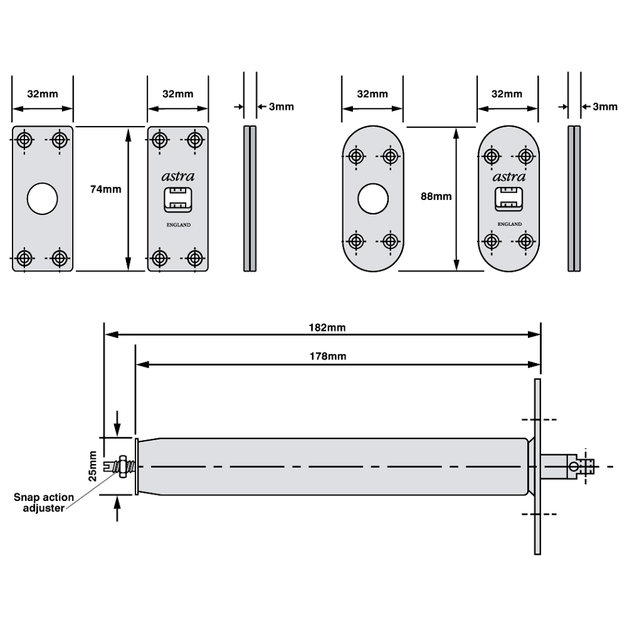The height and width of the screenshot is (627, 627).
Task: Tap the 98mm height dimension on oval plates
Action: (x=435, y=196)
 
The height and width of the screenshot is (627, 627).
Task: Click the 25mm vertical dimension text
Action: (x=93, y=465)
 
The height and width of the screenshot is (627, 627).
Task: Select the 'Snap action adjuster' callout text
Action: (x=44, y=503)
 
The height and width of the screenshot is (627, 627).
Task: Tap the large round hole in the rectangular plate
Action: (x=43, y=199)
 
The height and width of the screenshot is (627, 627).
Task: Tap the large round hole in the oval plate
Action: (x=373, y=199)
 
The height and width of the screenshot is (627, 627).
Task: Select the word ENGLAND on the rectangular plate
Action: (x=178, y=225)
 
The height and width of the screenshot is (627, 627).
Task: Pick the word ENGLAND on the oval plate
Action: (x=509, y=224)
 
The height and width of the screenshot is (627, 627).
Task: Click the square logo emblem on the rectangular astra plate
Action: (x=177, y=199)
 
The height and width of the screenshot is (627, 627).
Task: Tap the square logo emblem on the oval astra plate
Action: (x=508, y=199)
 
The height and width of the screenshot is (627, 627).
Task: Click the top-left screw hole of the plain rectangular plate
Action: (x=25, y=139)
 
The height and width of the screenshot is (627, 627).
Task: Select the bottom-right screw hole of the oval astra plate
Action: (x=525, y=240)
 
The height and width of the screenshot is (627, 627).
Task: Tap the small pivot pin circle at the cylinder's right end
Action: (x=574, y=466)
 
